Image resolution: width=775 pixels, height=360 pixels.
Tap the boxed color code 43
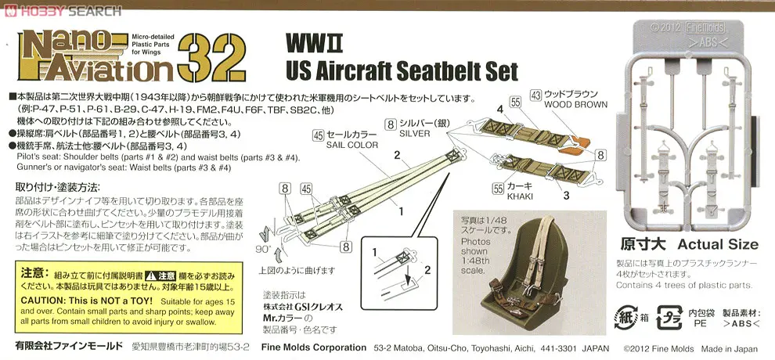[535, 95]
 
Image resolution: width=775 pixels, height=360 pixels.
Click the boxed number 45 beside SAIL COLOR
[317, 135]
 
